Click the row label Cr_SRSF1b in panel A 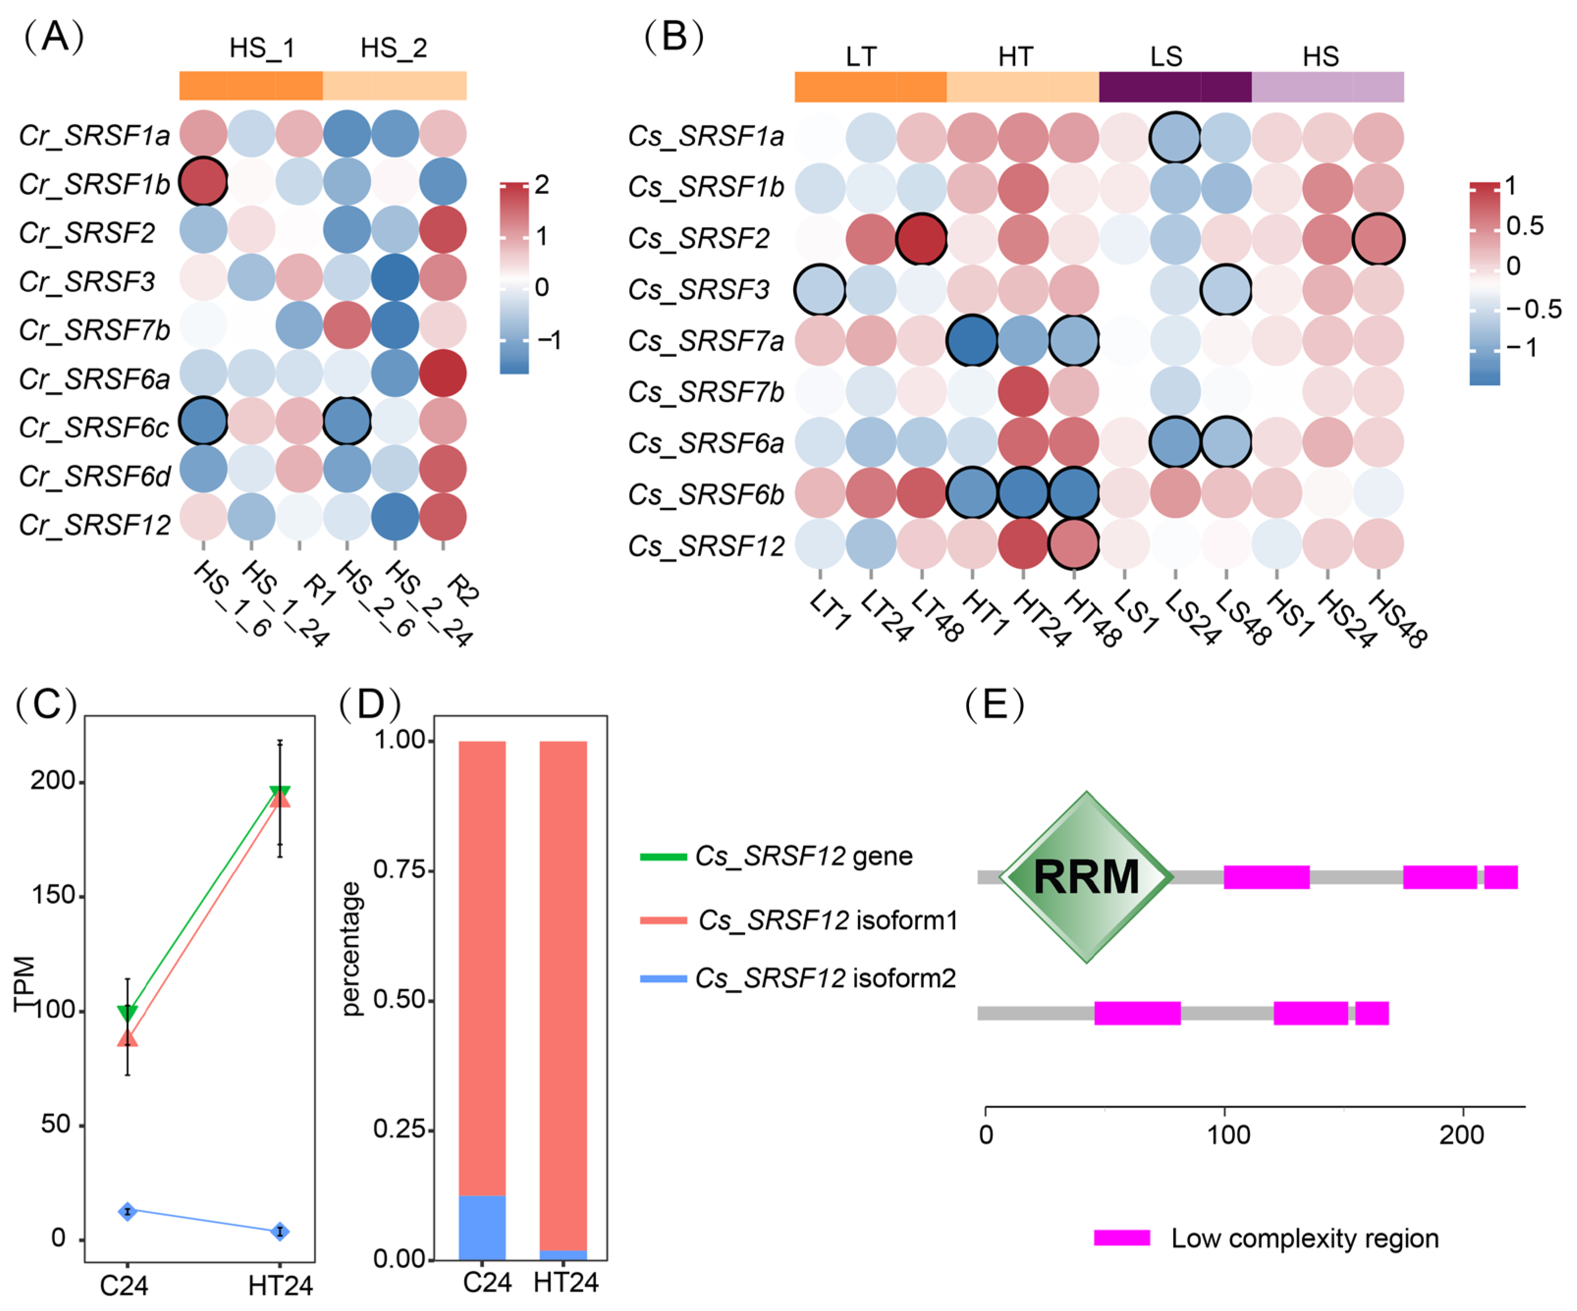pos(94,183)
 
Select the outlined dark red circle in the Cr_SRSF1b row pos(203,182)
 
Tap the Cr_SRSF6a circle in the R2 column pos(443,373)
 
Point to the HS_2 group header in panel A pos(393,48)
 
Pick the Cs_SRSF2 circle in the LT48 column pos(921,239)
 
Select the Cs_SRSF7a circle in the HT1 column pos(972,340)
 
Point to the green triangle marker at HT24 pos(280,793)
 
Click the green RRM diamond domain pos(1086,876)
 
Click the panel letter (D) pos(369,704)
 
